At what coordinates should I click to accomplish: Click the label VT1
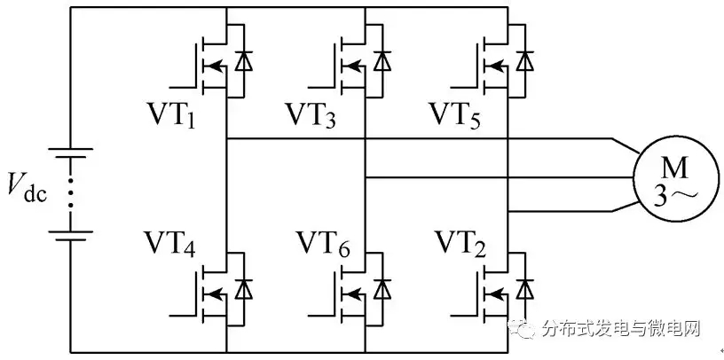point(178,116)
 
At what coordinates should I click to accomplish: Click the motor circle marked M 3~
point(665,176)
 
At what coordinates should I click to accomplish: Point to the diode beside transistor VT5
point(526,62)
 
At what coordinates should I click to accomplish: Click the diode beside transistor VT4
point(241,289)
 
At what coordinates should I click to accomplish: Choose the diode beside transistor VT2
point(526,289)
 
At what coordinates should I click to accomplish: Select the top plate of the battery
point(71,152)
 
